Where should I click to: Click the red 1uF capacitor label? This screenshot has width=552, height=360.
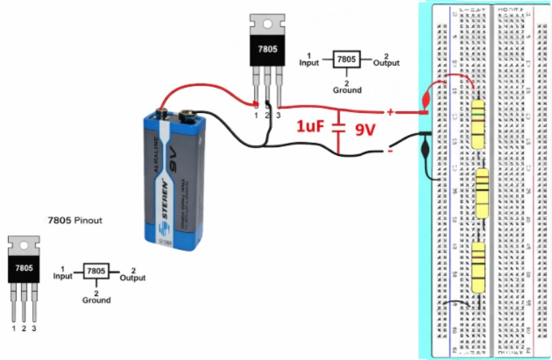(x=310, y=127)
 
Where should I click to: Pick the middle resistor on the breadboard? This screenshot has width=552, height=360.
(x=482, y=192)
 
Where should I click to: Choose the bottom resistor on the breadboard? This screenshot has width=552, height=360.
(x=478, y=267)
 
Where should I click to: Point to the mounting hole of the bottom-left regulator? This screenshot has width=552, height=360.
(x=24, y=245)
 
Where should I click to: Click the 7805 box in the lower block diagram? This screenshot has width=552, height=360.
(x=96, y=271)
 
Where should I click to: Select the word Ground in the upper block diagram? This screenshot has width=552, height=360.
(x=347, y=90)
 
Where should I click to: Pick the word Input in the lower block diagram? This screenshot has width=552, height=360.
(x=63, y=276)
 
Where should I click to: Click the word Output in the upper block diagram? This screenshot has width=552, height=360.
(x=387, y=63)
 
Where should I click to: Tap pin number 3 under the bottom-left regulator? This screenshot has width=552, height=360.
(x=34, y=328)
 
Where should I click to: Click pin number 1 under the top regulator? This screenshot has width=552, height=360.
(x=257, y=115)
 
